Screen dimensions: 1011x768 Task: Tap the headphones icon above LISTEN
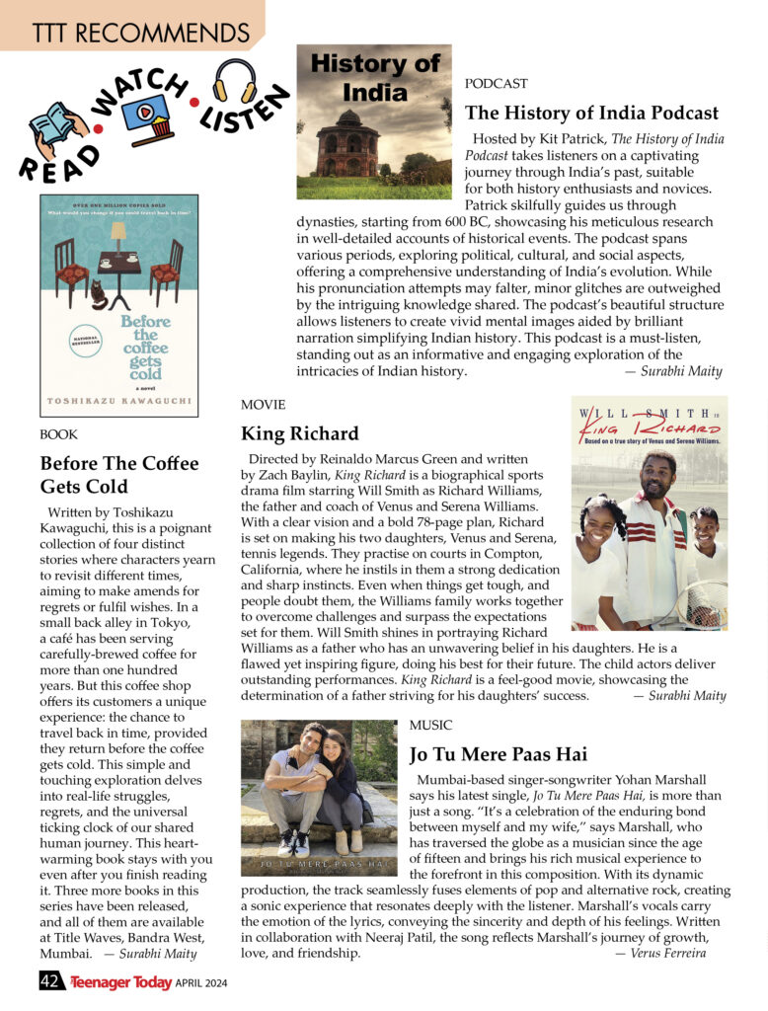click(x=235, y=78)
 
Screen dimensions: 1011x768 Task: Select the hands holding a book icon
click(x=57, y=129)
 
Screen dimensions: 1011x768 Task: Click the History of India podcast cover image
click(x=374, y=121)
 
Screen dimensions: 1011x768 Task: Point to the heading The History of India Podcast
click(x=591, y=113)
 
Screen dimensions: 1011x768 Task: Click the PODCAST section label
click(x=496, y=84)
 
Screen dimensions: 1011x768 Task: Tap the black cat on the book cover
click(x=99, y=293)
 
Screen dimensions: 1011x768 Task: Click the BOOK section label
click(x=58, y=434)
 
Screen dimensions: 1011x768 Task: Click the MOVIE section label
click(x=263, y=405)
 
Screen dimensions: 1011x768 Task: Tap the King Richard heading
click(x=300, y=433)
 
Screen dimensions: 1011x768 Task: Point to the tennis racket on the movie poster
click(x=703, y=604)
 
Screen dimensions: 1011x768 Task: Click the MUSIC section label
click(x=430, y=725)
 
